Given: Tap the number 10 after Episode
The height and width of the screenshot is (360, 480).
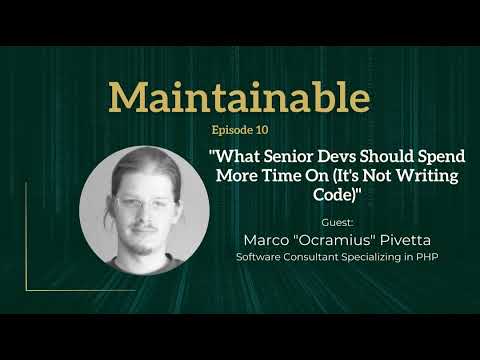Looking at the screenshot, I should [262, 129].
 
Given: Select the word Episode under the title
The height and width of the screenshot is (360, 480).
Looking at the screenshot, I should [232, 129].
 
